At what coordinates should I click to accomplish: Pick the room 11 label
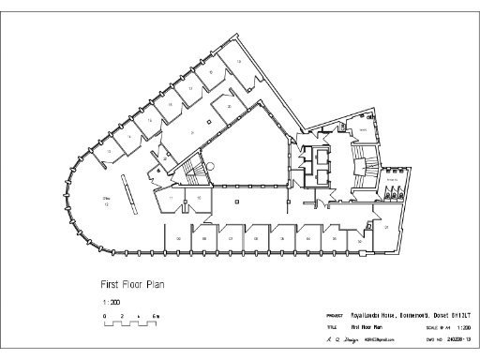(172, 199)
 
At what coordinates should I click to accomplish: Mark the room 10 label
(199, 199)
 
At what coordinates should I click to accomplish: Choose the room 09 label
(178, 239)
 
